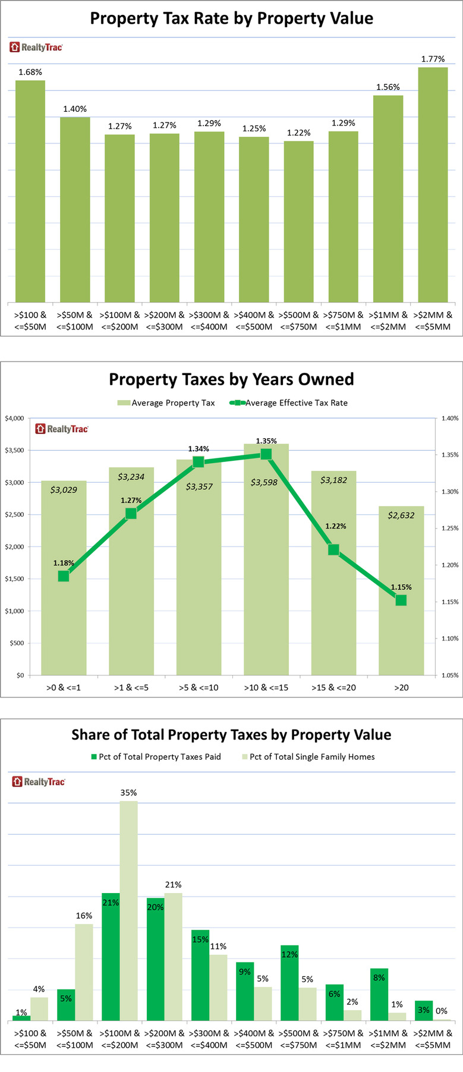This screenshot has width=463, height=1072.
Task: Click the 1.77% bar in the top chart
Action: (433, 184)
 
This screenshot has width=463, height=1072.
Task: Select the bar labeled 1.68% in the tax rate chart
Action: (30, 190)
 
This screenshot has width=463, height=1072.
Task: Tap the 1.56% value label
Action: (388, 87)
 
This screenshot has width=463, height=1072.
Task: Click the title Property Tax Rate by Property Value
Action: (231, 18)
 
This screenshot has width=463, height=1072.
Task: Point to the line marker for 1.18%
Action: (64, 576)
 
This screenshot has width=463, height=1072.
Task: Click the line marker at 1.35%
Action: (266, 454)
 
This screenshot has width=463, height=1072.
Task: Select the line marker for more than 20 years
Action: (401, 601)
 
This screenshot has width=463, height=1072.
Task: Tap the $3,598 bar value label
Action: (264, 482)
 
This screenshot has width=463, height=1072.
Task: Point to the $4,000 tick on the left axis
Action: (15, 419)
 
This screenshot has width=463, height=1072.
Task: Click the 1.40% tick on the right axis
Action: (450, 419)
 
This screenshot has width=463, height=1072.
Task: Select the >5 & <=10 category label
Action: (199, 687)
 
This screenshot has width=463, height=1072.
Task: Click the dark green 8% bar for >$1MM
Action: (379, 994)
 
